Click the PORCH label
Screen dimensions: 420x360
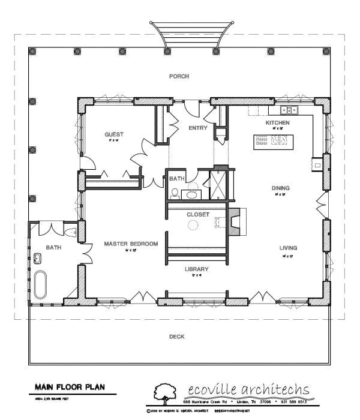pos(178,76)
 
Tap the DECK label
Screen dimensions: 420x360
pos(177,337)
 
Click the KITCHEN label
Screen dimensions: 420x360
pos(278,122)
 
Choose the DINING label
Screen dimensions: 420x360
pos(280,188)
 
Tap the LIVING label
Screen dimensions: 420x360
pos(286,248)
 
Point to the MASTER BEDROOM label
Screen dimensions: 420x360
pos(130,244)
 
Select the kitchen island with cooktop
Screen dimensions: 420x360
pos(272,140)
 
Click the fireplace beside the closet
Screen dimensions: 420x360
pos(235,221)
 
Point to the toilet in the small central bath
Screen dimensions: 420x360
pos(175,193)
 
